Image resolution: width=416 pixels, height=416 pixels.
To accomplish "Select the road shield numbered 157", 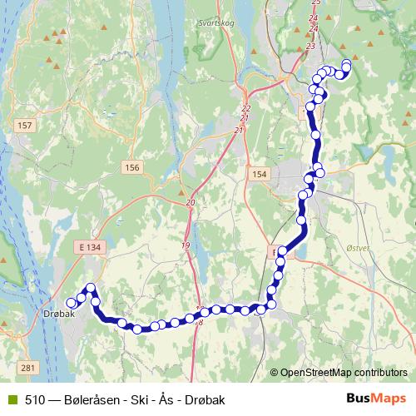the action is pos(24,125).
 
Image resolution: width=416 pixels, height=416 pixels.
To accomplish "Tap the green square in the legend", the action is pos(11,400).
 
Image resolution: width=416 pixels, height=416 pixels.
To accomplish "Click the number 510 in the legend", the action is pos(35,400).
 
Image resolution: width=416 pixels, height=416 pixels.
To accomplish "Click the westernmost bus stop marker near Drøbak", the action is pos(71,304).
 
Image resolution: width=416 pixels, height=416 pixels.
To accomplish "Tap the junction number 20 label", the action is pos(191,203).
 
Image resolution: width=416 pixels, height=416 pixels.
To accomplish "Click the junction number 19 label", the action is pos(185,245).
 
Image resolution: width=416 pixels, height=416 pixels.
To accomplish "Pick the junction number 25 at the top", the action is pos(314,2).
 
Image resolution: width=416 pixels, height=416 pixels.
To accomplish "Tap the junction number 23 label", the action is pos(310,46).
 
